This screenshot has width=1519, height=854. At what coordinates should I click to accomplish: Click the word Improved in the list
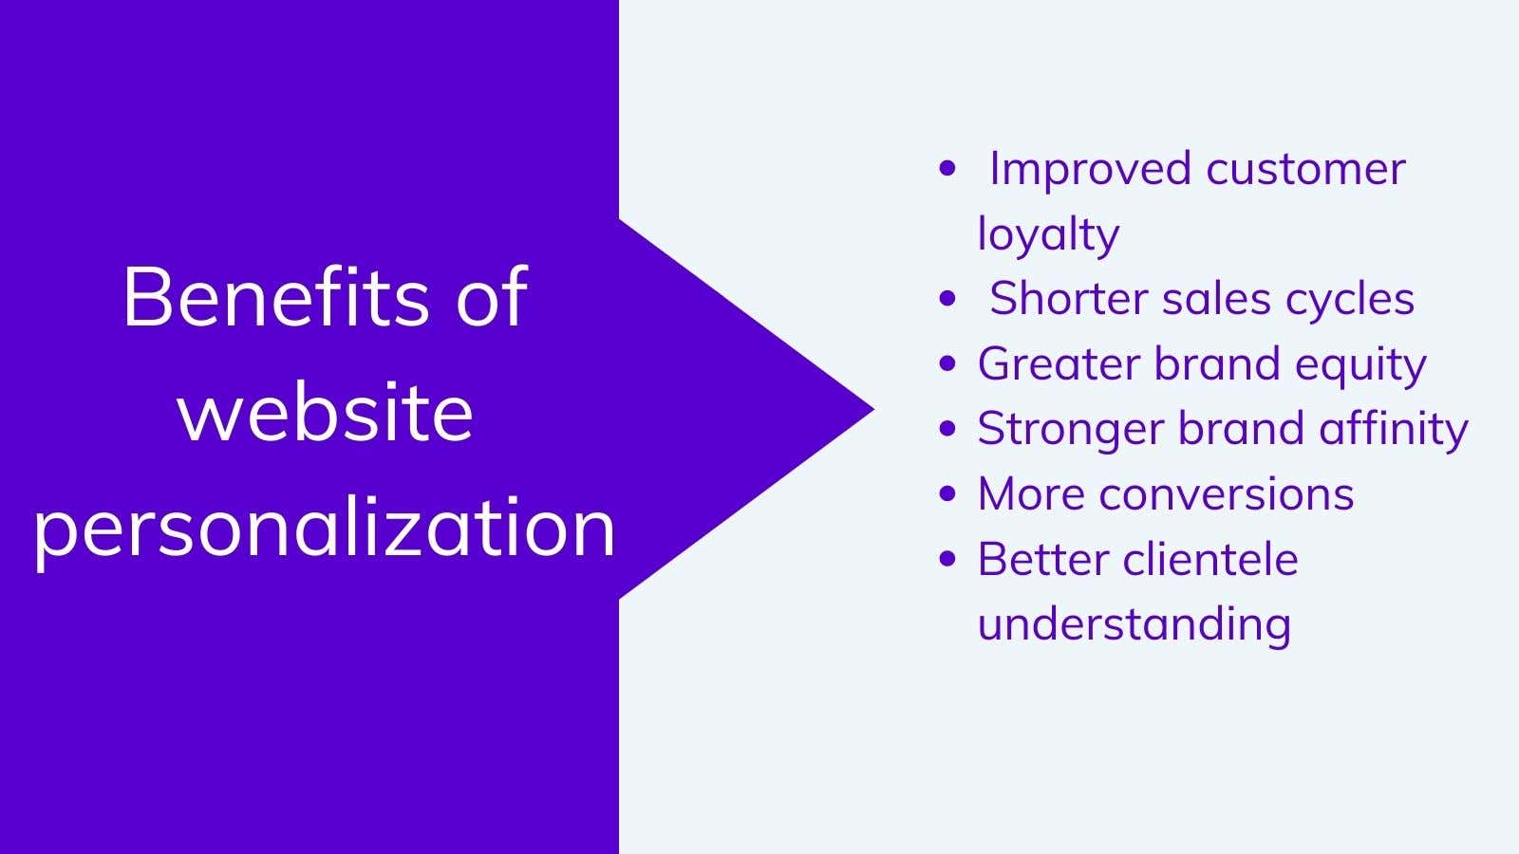pyautogui.click(x=1090, y=170)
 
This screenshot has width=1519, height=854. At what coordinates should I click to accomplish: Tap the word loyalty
pyautogui.click(x=1048, y=234)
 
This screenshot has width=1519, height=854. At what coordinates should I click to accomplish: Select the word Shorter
pyautogui.click(x=1068, y=299)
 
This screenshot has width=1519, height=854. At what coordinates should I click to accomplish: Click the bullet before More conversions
pyautogui.click(x=947, y=494)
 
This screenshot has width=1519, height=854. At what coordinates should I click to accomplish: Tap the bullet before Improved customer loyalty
pyautogui.click(x=947, y=170)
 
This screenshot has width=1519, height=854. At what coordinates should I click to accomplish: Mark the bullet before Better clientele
pyautogui.click(x=947, y=559)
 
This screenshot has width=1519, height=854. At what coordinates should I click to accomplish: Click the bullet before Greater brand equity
pyautogui.click(x=947, y=364)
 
